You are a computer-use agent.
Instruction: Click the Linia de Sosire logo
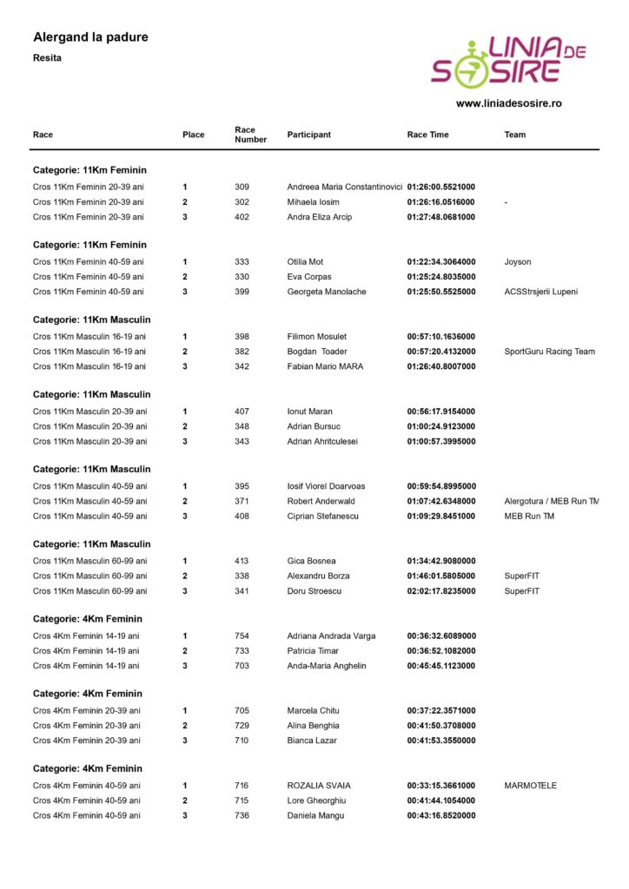click(508, 62)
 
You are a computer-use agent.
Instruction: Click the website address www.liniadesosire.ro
click(508, 103)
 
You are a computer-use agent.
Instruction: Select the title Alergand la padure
click(90, 37)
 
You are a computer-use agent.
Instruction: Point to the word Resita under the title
click(47, 58)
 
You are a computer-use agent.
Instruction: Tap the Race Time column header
click(427, 135)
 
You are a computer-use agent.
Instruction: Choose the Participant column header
click(308, 135)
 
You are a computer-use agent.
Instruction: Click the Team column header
click(514, 135)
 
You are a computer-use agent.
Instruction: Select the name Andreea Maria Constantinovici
click(344, 187)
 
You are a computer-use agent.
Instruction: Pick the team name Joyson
click(517, 261)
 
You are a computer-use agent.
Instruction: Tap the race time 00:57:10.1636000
click(440, 336)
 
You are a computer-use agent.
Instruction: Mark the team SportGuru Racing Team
click(549, 352)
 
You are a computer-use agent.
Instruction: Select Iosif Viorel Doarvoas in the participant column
click(326, 486)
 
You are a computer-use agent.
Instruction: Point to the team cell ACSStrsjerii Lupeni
click(540, 292)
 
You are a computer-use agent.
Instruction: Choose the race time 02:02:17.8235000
click(440, 591)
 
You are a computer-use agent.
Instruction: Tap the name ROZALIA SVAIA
click(318, 786)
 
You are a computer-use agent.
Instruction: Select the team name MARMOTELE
click(530, 786)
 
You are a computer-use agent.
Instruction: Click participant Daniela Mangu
click(315, 815)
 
